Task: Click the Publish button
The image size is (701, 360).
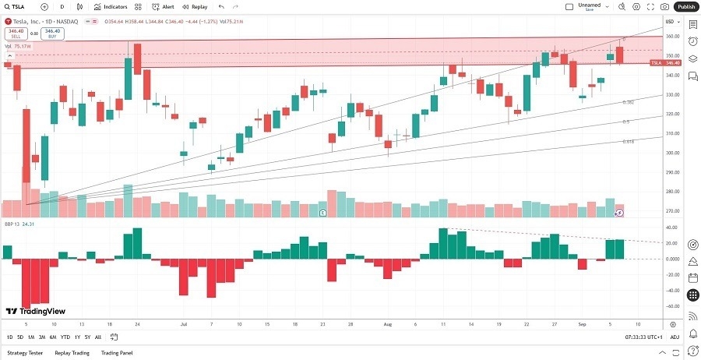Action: click(x=686, y=6)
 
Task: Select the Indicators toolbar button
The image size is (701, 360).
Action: click(x=111, y=6)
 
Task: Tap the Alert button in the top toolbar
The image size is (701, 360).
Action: click(x=164, y=6)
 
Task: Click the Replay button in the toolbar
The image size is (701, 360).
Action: click(x=196, y=6)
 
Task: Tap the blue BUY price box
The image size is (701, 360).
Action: click(x=53, y=34)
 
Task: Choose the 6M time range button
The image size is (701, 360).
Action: click(x=53, y=337)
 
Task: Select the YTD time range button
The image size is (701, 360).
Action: click(x=65, y=337)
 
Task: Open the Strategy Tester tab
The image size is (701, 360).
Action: click(x=24, y=353)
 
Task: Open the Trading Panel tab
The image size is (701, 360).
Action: click(x=116, y=353)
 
